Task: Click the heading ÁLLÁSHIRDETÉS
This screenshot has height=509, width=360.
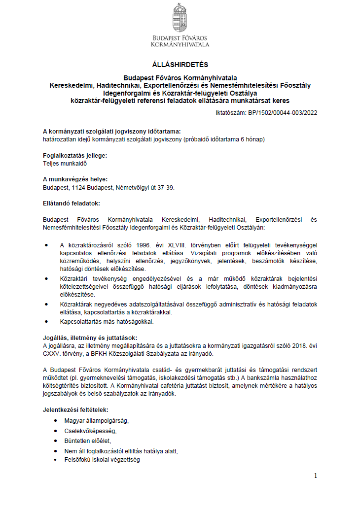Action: (180, 65)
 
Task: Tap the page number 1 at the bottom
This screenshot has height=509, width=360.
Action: (316, 475)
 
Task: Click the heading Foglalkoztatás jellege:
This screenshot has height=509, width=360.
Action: (74, 155)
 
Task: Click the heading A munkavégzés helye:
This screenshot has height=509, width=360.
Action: (75, 179)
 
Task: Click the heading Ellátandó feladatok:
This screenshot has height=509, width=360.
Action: (72, 203)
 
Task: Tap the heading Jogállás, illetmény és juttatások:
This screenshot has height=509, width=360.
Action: (86, 338)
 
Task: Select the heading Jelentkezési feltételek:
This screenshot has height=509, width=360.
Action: (75, 409)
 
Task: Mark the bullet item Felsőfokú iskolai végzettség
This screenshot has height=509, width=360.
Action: (102, 460)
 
